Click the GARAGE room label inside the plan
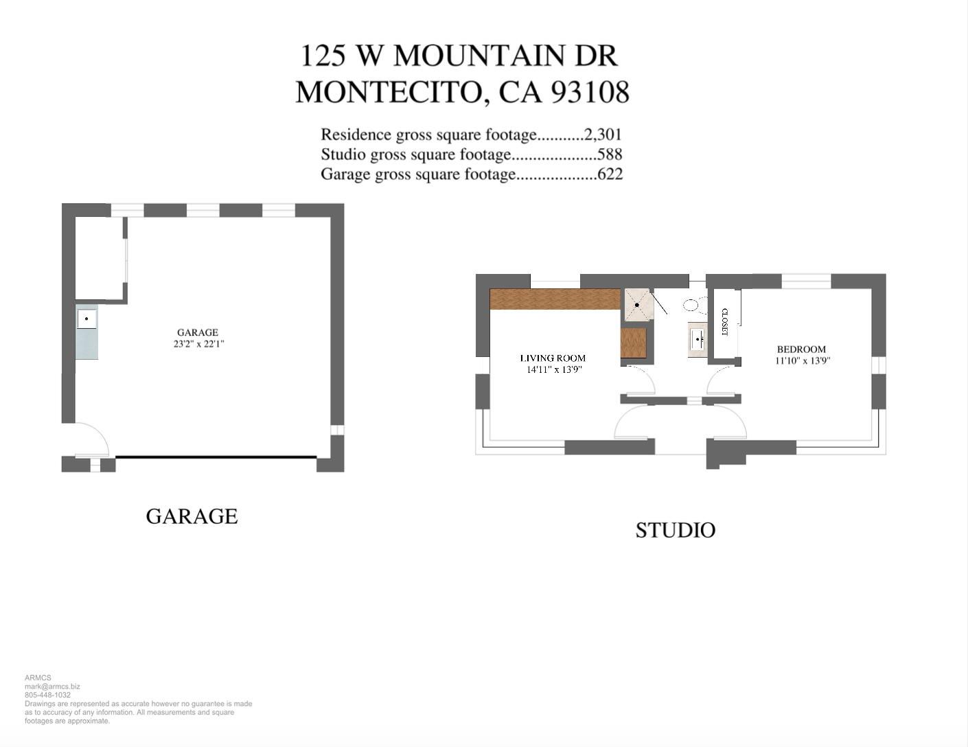click(198, 332)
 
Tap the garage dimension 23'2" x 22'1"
click(198, 344)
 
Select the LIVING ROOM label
click(553, 358)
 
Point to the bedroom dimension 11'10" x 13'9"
click(803, 360)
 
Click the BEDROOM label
click(801, 349)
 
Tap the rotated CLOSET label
click(724, 321)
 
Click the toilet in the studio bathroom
click(691, 305)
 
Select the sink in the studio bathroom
click(698, 339)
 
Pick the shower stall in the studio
click(637, 304)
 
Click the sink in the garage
click(87, 319)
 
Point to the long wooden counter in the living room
click(555, 299)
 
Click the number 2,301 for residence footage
click(603, 135)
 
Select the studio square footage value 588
click(610, 154)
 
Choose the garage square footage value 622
click(610, 174)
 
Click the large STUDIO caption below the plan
click(676, 530)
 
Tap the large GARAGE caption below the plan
click(192, 516)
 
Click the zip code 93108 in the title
click(590, 92)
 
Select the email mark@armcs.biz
click(52, 687)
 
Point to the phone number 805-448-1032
click(47, 695)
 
